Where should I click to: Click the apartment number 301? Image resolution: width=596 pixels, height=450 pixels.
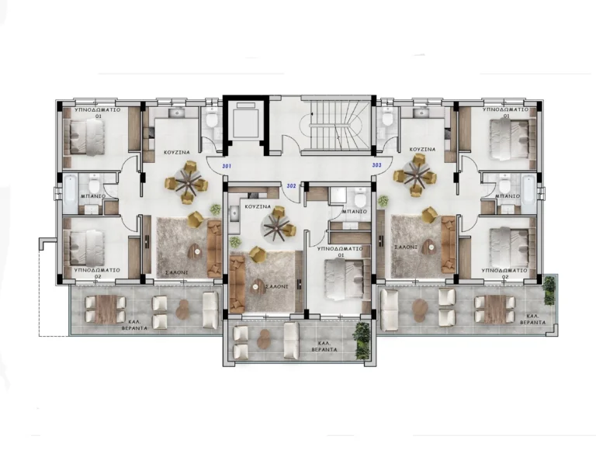[227, 167]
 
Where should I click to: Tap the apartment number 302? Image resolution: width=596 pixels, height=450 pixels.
[292, 185]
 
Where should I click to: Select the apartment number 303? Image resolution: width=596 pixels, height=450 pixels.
[377, 165]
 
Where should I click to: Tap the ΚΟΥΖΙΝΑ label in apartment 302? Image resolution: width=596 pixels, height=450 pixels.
[257, 208]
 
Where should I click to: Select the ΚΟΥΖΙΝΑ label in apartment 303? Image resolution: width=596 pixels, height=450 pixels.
[419, 148]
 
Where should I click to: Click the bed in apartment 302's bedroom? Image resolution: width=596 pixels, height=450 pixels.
[343, 277]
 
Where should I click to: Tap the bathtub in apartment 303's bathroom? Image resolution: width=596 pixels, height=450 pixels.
[528, 187]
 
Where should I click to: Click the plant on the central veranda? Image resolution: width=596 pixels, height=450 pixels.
[362, 339]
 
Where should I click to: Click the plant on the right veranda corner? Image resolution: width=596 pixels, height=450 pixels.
[550, 289]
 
